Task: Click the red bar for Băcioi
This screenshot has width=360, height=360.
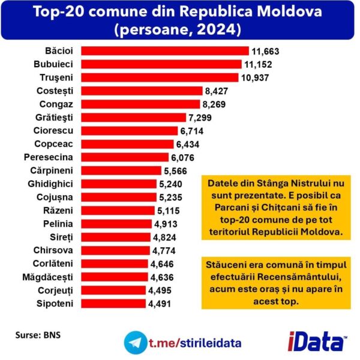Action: tap(165, 51)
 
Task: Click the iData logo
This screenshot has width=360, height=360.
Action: tap(319, 342)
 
